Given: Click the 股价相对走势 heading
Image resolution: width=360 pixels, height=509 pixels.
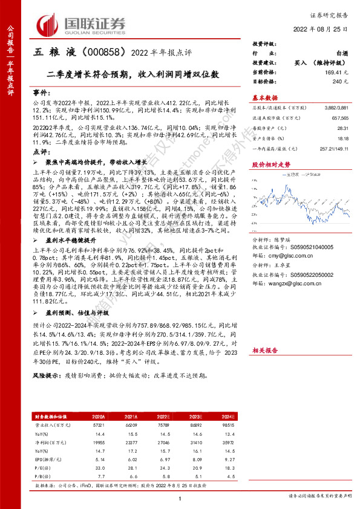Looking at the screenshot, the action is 270,164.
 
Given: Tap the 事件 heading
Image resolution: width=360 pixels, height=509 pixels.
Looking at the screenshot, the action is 41,93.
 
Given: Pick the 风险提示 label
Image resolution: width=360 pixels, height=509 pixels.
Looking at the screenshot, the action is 47,375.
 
